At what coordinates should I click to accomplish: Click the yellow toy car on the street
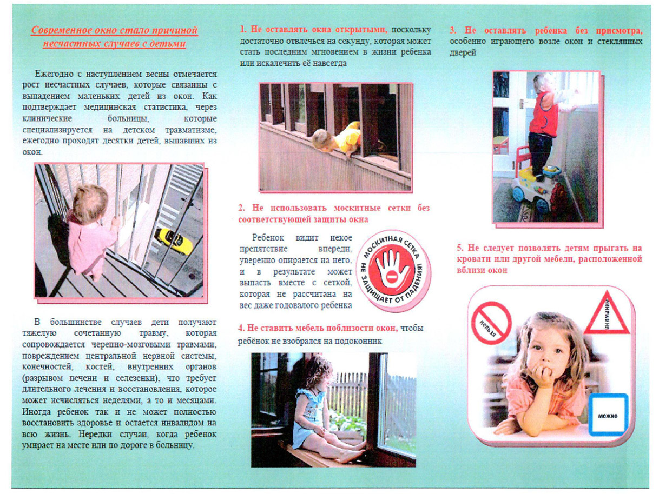174,242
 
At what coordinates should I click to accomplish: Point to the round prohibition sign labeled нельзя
491,323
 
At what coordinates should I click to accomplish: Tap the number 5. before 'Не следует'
460,248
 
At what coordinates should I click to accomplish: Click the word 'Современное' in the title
57,31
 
